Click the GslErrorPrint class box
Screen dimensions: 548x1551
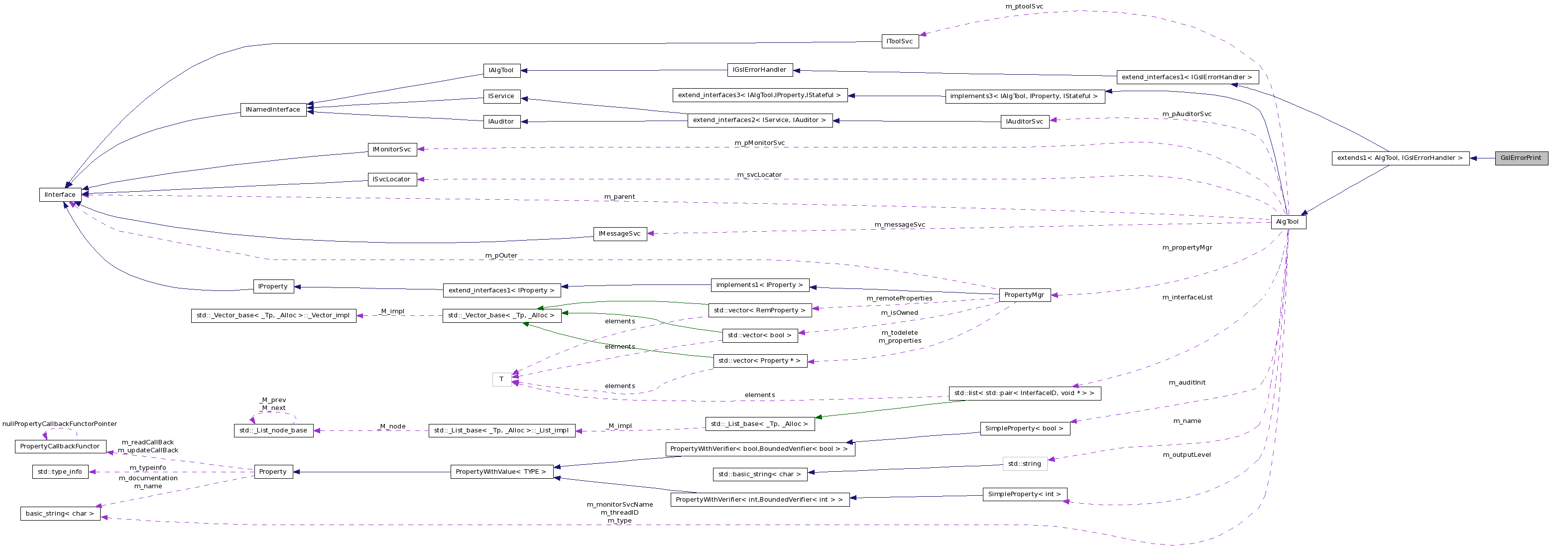(1521, 158)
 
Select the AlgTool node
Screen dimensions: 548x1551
(1288, 222)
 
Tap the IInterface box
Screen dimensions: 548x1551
(60, 194)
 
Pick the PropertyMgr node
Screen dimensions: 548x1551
(1024, 295)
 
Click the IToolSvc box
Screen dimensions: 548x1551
(900, 41)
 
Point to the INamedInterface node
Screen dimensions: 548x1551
(273, 110)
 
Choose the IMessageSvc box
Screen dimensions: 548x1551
(619, 234)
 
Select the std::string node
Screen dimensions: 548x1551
(1024, 464)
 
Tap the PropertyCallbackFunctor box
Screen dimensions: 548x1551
(60, 446)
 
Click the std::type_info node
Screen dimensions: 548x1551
(60, 471)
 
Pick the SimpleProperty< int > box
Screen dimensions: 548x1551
(1024, 494)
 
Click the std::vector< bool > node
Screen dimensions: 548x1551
(759, 335)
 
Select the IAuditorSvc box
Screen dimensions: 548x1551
(1024, 122)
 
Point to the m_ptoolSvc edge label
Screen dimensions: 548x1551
(1024, 6)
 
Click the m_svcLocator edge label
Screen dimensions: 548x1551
(759, 175)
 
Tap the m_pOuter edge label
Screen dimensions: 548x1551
(501, 256)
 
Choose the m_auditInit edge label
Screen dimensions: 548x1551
(1187, 383)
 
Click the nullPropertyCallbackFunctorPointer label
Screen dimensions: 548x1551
(60, 424)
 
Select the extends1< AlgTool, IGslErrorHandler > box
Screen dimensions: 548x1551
(1400, 158)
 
